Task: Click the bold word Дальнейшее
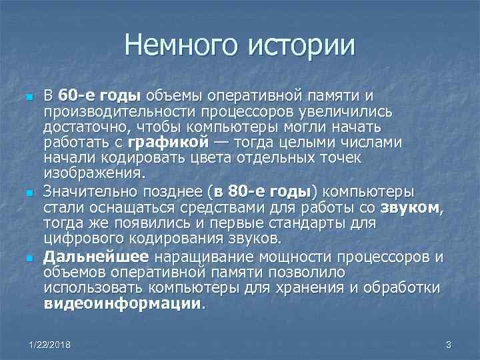click(97, 255)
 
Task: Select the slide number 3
click(448, 345)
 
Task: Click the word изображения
click(93, 174)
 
